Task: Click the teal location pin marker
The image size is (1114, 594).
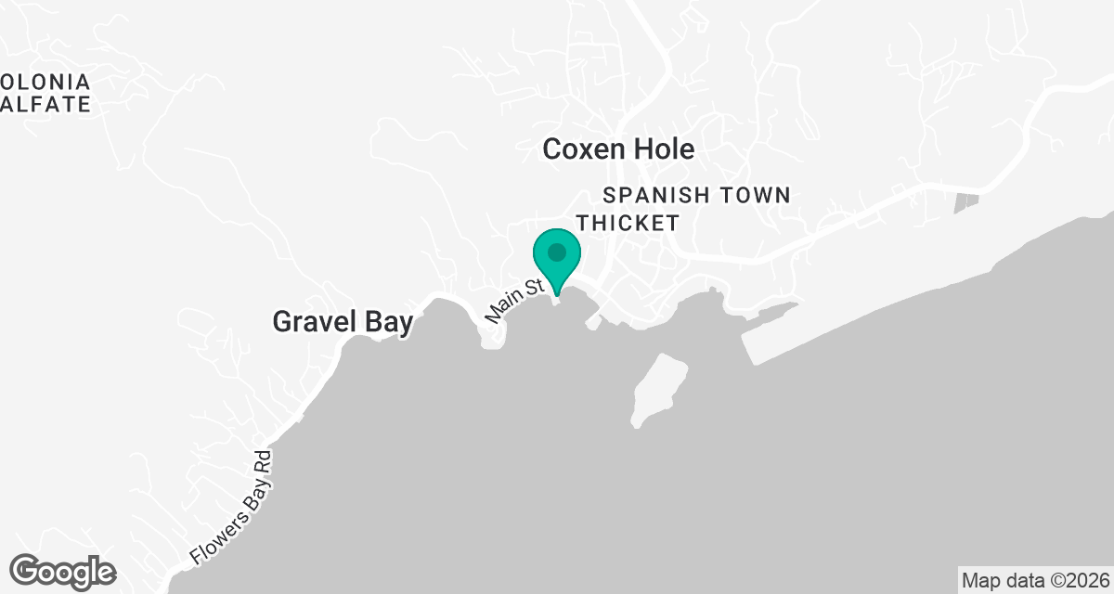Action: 556,259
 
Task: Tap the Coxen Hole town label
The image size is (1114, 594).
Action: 618,149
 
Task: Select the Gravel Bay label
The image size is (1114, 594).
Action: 342,322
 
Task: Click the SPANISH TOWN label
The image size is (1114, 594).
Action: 696,196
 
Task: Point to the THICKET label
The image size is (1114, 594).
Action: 628,224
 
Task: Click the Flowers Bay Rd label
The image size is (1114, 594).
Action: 229,508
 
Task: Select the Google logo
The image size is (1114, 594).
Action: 63,571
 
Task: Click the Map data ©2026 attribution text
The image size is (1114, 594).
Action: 1033,581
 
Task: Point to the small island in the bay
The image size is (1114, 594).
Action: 659,388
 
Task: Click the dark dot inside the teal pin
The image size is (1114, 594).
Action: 556,252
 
